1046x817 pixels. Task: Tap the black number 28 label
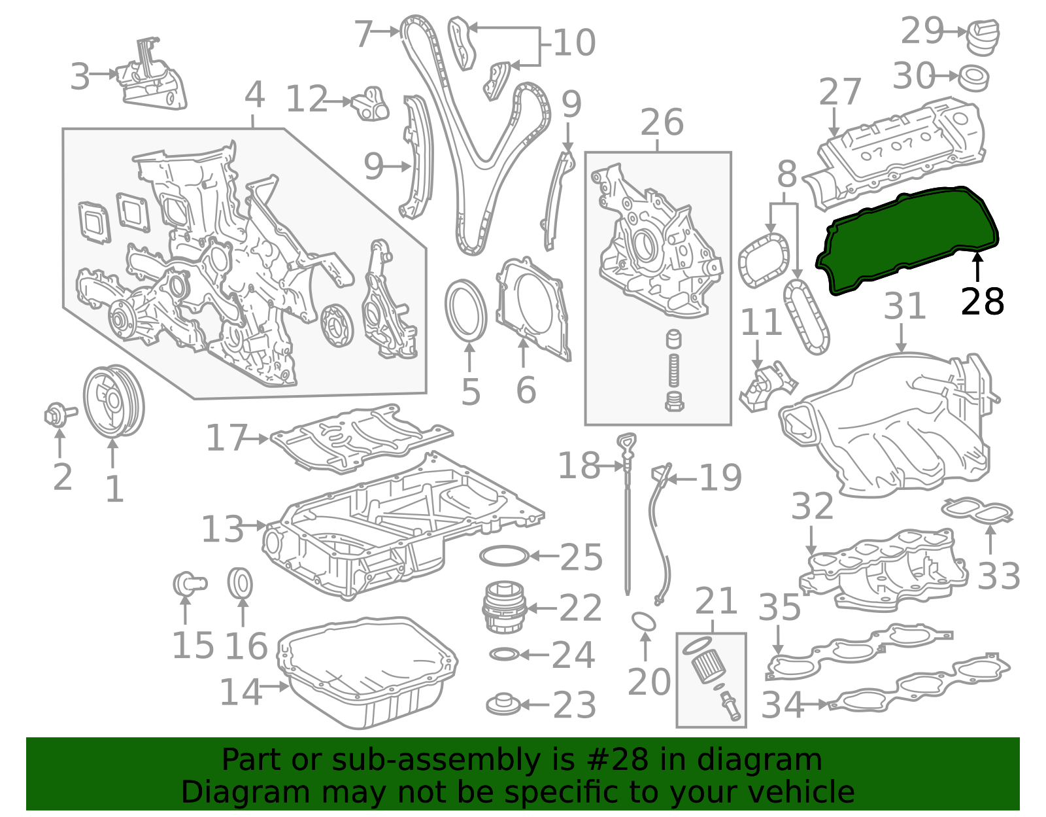tap(982, 302)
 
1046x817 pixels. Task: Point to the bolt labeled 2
tap(58, 414)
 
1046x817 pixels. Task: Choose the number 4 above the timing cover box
tap(254, 96)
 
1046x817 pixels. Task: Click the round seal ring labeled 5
tap(466, 310)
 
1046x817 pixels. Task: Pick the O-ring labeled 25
tap(503, 556)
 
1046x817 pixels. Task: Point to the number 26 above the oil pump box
tap(662, 123)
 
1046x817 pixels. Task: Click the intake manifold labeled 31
tap(889, 425)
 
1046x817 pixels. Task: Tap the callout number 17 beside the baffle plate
tap(226, 438)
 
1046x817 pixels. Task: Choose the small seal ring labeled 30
tap(974, 78)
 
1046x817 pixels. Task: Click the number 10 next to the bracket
tap(574, 43)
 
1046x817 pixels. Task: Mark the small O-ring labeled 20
tap(644, 621)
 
